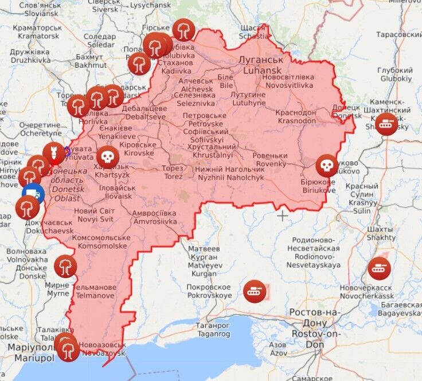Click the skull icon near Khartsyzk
(107, 156)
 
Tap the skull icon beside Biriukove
(326, 166)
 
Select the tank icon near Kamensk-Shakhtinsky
(386, 124)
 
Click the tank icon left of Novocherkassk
(379, 267)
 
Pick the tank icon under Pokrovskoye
(254, 291)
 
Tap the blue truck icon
(33, 194)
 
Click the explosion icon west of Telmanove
(65, 266)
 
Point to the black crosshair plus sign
(283, 215)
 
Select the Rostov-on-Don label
(316, 323)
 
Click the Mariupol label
(27, 353)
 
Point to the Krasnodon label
(297, 117)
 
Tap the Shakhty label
(381, 233)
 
